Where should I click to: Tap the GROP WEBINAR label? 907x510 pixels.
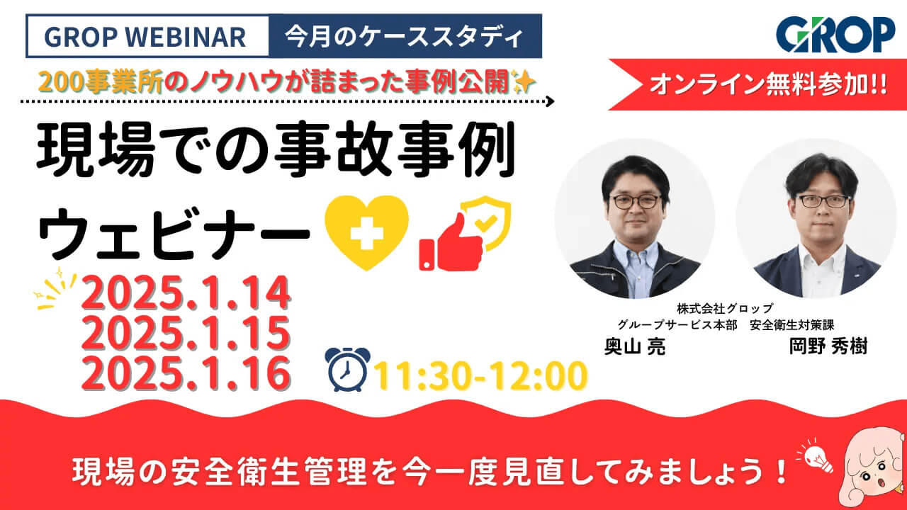146,37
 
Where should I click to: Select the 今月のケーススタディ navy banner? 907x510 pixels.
405,37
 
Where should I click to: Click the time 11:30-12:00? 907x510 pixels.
481,375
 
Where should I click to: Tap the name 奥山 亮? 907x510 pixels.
634,348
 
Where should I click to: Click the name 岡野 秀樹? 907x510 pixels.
828,348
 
